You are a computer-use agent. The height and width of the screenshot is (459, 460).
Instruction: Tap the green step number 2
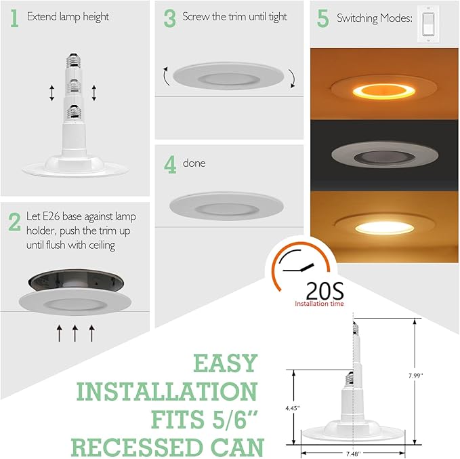tap(14, 221)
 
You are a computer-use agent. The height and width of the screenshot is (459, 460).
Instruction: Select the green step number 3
tap(169, 18)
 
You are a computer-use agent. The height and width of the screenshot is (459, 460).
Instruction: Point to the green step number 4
tap(169, 165)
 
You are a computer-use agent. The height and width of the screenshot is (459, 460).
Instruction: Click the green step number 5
tap(323, 19)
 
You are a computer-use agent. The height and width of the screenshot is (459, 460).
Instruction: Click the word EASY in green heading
tap(226, 363)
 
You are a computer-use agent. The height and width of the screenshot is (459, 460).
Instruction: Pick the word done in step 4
tap(194, 163)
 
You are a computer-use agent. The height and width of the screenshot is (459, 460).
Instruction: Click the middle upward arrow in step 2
tap(75, 332)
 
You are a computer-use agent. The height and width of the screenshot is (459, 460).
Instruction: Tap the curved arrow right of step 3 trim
tap(292, 78)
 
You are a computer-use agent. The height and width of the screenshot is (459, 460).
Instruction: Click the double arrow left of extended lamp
tap(51, 93)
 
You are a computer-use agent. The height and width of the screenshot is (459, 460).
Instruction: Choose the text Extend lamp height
tap(68, 16)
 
